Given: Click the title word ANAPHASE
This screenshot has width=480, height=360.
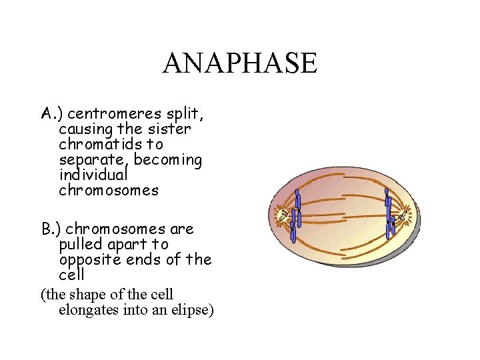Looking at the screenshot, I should pos(240,63).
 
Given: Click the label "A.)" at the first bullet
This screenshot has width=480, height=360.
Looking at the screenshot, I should pos(51,113).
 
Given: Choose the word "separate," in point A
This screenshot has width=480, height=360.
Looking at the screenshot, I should pos(94,160).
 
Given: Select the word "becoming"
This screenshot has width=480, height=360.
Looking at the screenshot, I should pos(168,160).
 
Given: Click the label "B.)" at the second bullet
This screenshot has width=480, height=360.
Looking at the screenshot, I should pos(51,229).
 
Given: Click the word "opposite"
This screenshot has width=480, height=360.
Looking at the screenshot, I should pos(88,260).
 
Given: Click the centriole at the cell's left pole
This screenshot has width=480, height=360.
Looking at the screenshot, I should pos(285,215).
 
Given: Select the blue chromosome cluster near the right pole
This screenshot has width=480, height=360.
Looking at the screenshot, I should pos(389,215).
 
